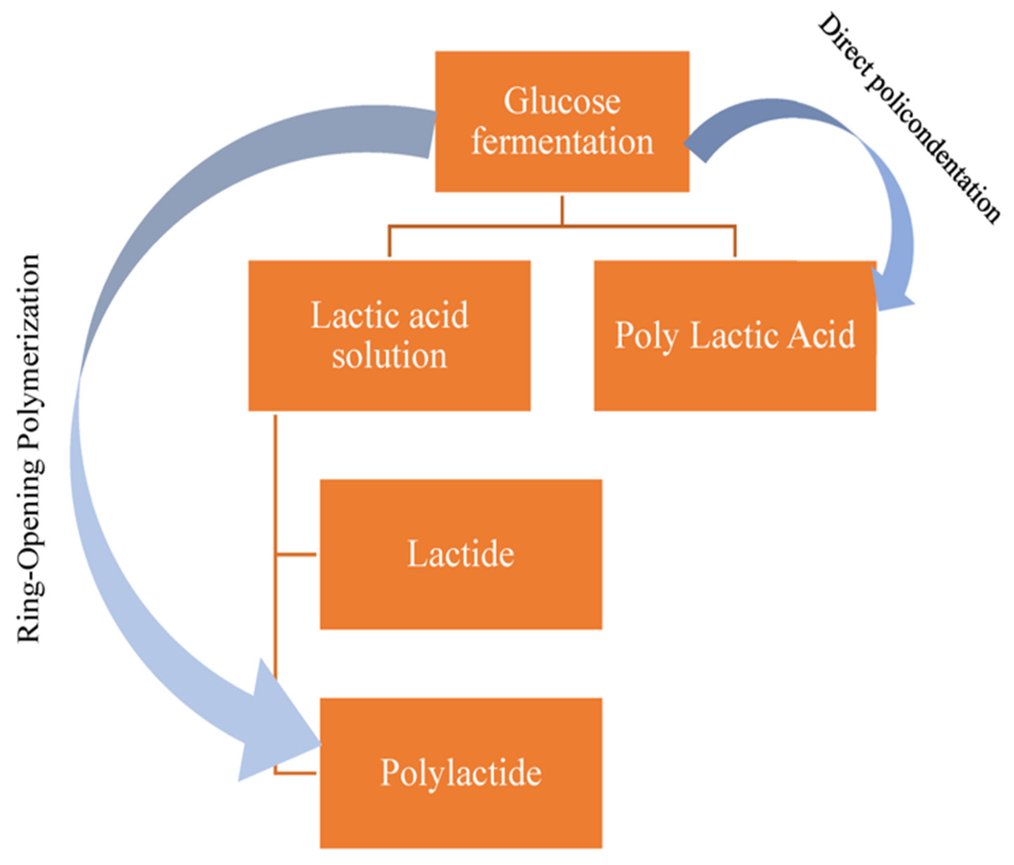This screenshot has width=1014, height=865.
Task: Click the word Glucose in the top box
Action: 562,101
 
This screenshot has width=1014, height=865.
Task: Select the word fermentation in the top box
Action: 562,142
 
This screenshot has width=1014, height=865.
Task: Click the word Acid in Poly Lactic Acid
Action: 822,335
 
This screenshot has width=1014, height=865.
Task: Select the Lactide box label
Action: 460,554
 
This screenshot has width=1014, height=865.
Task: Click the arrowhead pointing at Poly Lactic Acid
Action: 891,293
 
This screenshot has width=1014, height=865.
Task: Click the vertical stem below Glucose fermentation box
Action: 562,210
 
